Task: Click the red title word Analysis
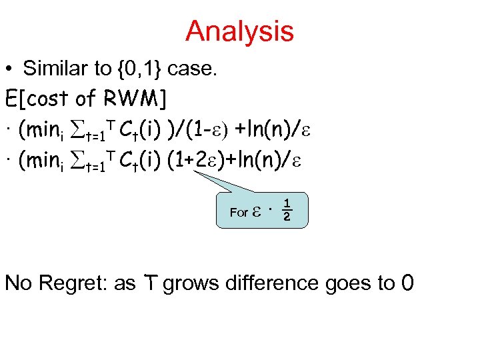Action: (x=239, y=31)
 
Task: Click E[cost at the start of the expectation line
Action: (x=37, y=99)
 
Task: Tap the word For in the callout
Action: (x=238, y=213)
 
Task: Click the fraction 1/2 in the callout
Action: (x=286, y=210)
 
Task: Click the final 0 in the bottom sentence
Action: (x=407, y=283)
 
